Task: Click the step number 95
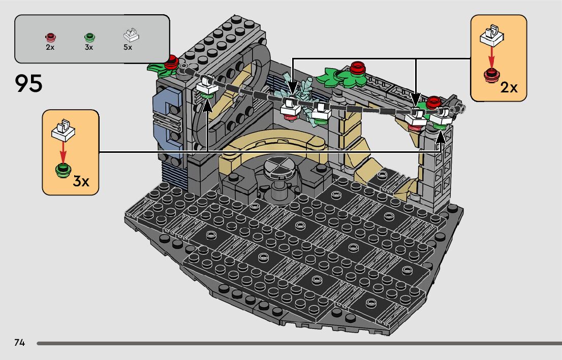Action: [28, 84]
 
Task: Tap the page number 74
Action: [20, 343]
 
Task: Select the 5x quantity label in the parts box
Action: [128, 47]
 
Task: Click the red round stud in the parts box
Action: [50, 37]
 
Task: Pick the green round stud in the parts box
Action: [89, 37]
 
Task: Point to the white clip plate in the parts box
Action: [131, 35]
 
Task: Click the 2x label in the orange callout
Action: [509, 87]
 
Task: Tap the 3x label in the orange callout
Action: [81, 181]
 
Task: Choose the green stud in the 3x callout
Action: [64, 170]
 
